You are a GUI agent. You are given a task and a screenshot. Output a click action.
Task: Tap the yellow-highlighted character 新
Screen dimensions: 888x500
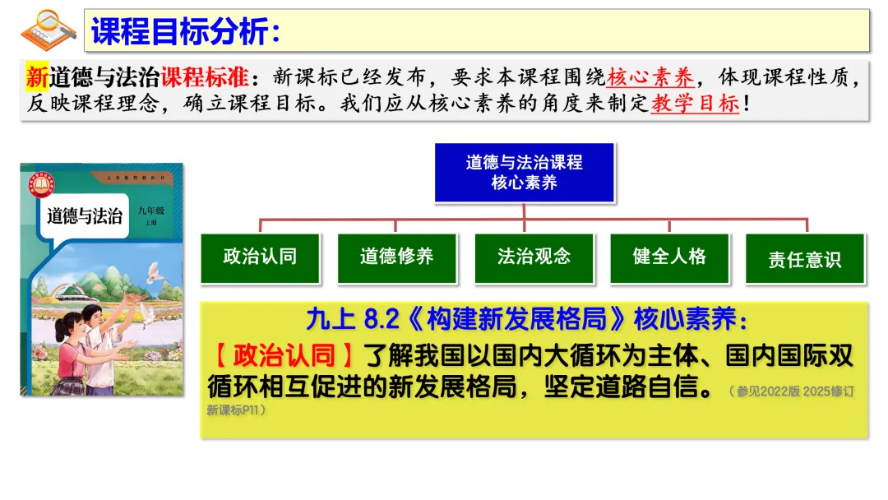[x=37, y=77]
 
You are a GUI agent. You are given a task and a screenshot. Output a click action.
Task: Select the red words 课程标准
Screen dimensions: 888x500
[x=205, y=77]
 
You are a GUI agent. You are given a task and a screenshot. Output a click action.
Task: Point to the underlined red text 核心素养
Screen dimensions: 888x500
[x=650, y=77]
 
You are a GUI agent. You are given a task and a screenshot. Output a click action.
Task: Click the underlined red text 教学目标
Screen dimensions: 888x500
[x=696, y=103]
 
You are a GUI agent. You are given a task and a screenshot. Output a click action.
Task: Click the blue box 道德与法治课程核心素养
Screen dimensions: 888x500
[x=525, y=173]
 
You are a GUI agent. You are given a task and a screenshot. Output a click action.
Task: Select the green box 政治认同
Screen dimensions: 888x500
[x=261, y=258]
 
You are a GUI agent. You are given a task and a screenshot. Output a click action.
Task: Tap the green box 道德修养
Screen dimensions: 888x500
[x=397, y=258]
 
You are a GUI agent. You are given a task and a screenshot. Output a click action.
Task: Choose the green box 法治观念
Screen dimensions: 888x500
[x=534, y=258]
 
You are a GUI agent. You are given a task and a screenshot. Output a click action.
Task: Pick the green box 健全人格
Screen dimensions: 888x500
[x=670, y=258]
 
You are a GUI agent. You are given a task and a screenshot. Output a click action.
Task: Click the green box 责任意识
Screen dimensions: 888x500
[x=805, y=258]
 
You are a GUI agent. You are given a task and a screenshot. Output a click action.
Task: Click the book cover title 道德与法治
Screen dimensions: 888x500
[x=85, y=215]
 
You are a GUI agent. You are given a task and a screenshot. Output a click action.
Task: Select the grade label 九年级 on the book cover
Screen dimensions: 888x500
[x=151, y=211]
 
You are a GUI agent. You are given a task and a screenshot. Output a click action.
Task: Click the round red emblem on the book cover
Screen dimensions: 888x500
[x=41, y=184]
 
